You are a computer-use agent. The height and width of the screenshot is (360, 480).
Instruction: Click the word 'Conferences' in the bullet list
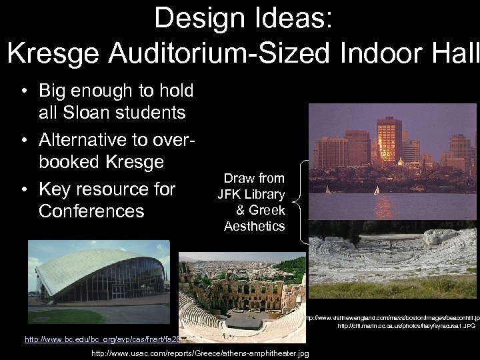(x=91, y=211)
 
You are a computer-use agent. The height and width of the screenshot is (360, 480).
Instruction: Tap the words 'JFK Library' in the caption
(x=251, y=195)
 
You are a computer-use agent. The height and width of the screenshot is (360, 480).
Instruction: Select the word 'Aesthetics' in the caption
(x=254, y=226)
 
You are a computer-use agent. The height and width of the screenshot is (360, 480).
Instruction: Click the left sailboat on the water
(x=327, y=190)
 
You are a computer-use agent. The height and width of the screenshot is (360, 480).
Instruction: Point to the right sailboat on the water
(x=377, y=190)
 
